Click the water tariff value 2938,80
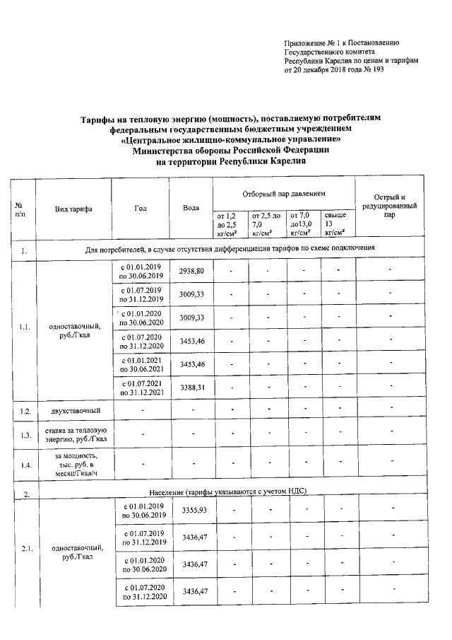pos(192,272)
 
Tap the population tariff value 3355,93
pos(194,510)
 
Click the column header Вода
pos(190,207)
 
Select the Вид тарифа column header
pos(73,208)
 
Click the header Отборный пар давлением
pos(283,192)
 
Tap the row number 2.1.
pos(25,549)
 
